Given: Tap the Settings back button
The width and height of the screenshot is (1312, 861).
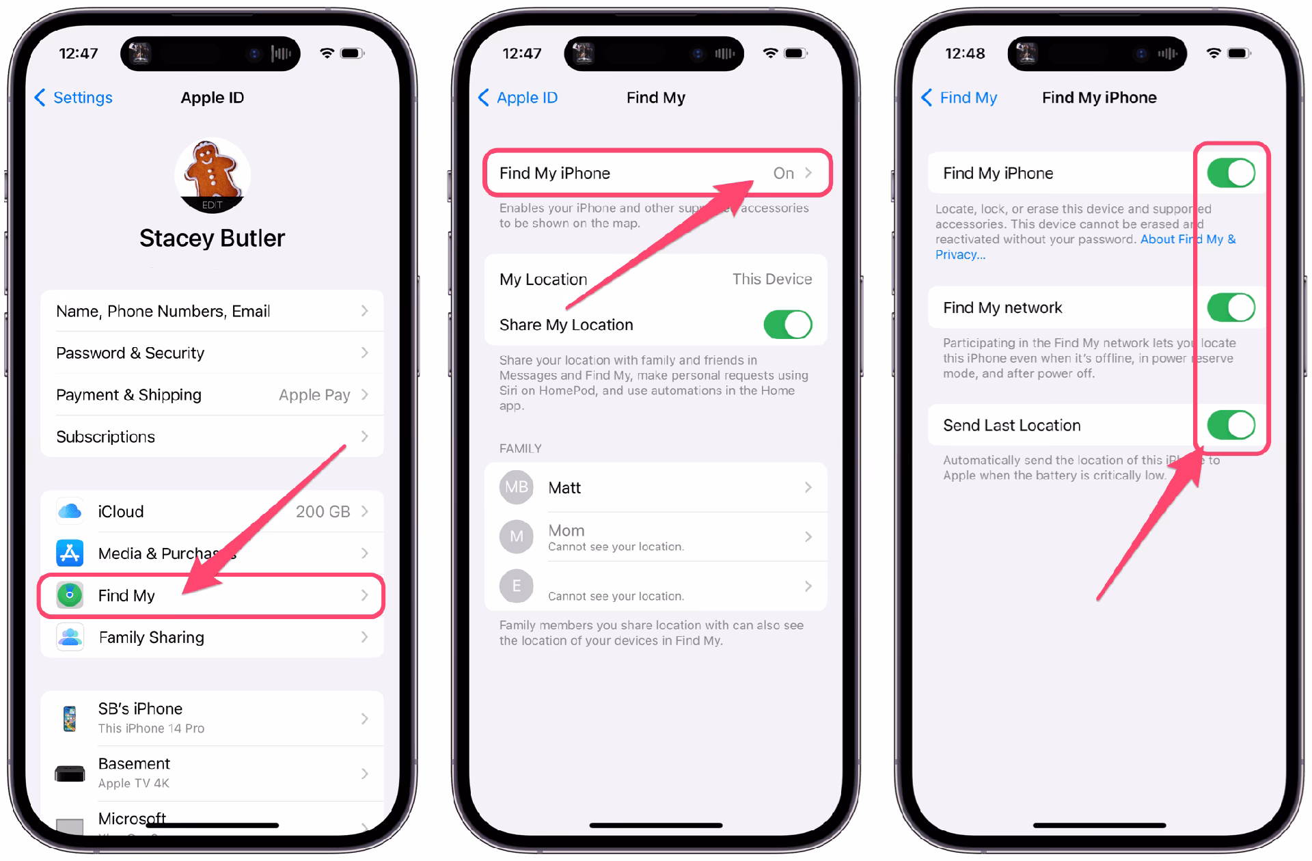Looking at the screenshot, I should [74, 98].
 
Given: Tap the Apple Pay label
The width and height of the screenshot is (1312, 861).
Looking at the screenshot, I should [314, 395].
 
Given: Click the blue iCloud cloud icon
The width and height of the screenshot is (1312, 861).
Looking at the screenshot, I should [70, 511].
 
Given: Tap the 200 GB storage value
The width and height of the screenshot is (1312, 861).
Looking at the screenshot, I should [323, 511].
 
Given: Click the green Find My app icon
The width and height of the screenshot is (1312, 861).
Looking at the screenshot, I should [70, 595].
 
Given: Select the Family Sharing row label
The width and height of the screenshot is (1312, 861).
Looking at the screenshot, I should [151, 637].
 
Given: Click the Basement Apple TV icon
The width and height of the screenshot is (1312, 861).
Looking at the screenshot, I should [70, 774].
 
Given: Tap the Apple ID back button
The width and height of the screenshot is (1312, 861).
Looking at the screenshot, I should [518, 98].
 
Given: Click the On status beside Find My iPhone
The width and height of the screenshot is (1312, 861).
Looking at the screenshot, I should [783, 174].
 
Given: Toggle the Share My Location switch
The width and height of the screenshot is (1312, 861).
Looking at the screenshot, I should [787, 325].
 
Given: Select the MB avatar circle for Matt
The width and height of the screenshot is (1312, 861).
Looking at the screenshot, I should [516, 487].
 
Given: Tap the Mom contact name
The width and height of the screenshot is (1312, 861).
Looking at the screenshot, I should [566, 530].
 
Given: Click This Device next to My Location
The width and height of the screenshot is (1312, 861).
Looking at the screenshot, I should [771, 279].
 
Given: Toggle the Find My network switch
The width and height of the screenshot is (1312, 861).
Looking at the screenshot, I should [1231, 307].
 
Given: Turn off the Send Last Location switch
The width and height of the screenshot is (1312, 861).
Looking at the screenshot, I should [1231, 425].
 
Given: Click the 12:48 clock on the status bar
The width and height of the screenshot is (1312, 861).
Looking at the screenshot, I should [964, 53].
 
